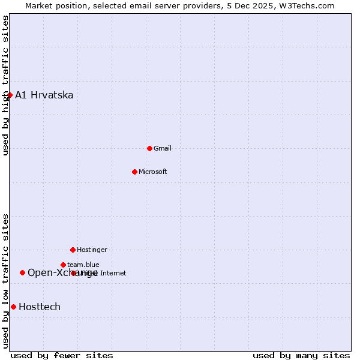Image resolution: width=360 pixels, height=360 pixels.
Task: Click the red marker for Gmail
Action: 149,148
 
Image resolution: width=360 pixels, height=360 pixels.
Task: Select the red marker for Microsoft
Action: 134,172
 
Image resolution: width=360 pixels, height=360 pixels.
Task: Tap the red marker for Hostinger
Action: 73,250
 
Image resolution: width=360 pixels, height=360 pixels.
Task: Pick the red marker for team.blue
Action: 63,265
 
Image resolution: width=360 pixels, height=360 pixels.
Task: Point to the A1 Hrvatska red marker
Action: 10,95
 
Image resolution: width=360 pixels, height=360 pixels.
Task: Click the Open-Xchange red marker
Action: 22,272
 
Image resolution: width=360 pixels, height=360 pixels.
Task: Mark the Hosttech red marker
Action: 13,307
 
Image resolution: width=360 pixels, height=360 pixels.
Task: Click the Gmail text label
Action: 163,148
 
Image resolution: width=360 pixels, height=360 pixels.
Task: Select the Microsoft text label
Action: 153,172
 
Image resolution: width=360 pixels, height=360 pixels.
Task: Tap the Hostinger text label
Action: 92,250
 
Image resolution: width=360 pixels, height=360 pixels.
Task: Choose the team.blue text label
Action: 83,265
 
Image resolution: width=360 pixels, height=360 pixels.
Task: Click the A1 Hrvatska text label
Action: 44,95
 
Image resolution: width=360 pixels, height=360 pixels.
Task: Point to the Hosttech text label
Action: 40,307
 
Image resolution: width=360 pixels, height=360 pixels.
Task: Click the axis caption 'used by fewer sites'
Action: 62,355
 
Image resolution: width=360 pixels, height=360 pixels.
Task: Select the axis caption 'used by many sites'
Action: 301,355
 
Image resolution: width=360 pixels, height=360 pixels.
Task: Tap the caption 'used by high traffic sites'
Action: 5,85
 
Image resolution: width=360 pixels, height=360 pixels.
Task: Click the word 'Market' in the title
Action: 40,5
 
